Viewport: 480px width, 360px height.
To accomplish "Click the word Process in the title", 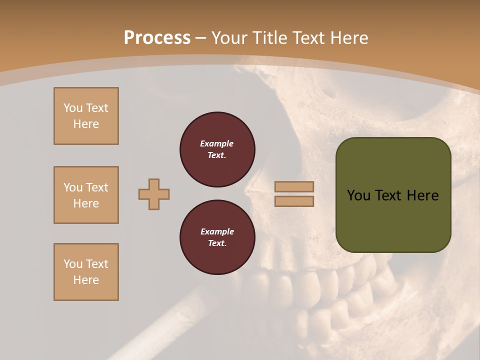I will pos(157,38).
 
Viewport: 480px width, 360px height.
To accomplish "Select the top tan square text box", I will pos(86,116).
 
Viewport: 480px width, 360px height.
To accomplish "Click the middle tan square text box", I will pos(86,195).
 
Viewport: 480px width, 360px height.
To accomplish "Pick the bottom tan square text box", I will pos(86,272).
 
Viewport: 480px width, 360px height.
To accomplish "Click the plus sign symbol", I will pos(154,194).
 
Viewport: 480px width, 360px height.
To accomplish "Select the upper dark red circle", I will pos(217,149).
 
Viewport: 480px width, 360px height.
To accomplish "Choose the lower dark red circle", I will pos(217,237).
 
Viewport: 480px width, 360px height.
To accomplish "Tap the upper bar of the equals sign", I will pos(294,186).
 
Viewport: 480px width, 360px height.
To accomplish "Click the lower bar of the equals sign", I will pos(294,201).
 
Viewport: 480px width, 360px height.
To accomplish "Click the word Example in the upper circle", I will pos(217,143).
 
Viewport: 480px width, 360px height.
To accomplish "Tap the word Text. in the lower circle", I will pos(217,243).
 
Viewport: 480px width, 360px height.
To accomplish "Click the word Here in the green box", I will pos(422,195).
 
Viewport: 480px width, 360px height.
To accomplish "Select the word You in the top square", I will pos(72,108).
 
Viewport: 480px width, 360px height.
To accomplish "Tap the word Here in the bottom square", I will pos(86,280).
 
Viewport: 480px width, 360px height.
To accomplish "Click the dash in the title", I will pos(200,38).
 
